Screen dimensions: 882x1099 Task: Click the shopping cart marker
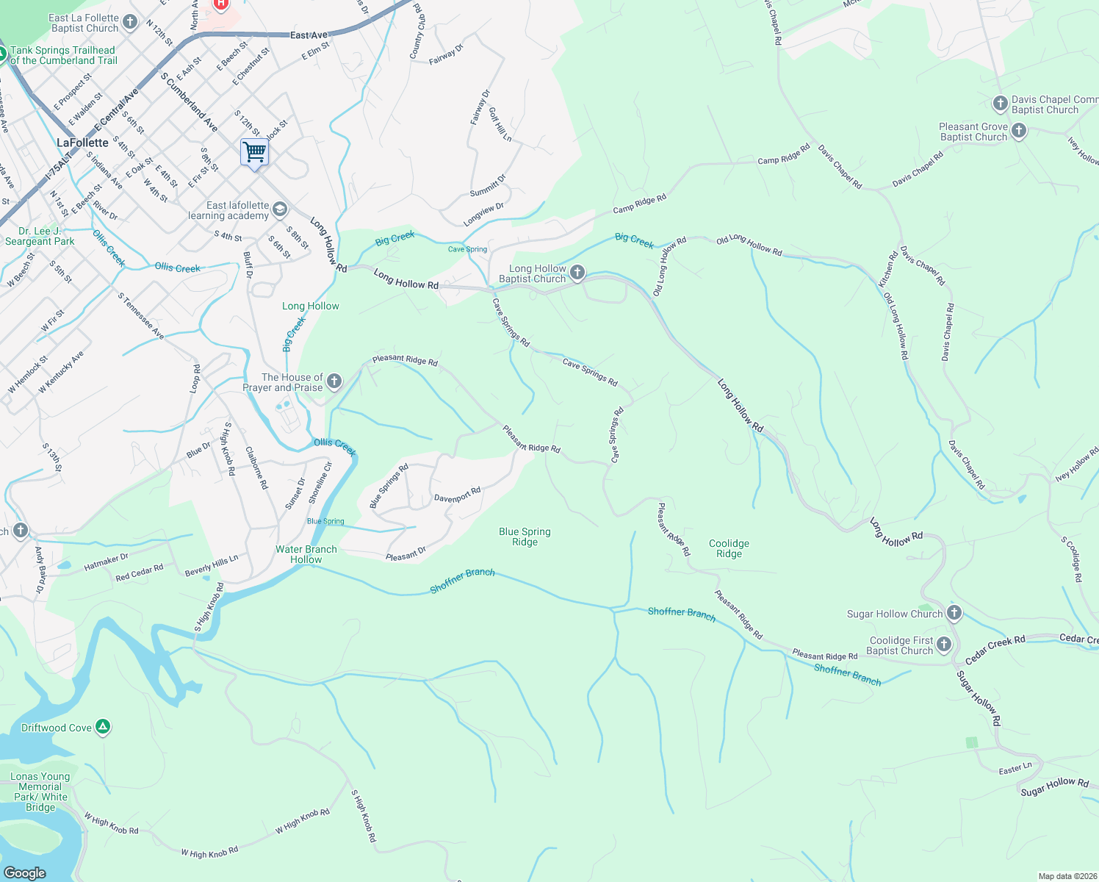[254, 152]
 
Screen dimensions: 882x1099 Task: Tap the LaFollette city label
[82, 143]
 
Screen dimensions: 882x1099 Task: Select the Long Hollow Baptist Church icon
[577, 273]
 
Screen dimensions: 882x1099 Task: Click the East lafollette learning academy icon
[279, 210]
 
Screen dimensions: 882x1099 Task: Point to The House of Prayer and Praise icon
[334, 381]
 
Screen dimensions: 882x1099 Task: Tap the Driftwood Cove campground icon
[104, 728]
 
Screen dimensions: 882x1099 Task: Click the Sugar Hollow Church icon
[954, 612]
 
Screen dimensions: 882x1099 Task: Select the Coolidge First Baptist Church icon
[944, 645]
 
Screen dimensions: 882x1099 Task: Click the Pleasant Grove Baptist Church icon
[1018, 132]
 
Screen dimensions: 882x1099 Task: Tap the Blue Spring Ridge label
[525, 537]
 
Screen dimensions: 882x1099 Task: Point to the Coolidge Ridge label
[729, 548]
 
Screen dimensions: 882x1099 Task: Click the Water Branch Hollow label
[306, 554]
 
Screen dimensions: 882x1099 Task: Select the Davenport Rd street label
[457, 495]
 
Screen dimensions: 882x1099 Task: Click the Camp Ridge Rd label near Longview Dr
[640, 204]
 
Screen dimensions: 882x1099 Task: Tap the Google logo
[24, 872]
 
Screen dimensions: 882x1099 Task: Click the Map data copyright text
[1067, 876]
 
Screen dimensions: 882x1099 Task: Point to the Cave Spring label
[467, 249]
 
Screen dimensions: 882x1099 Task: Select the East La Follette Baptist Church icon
[130, 22]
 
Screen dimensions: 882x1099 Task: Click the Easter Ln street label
[1015, 769]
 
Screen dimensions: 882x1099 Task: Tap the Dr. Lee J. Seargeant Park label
[40, 236]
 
